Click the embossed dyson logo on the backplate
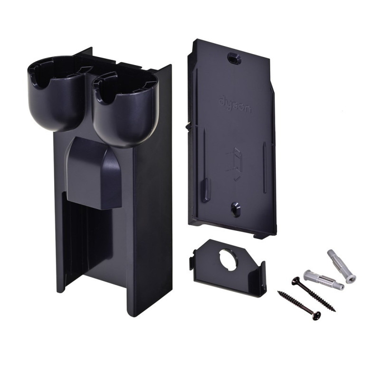234,105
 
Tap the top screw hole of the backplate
233,59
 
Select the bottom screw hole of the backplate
235,209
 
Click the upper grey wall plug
341,266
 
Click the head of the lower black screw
316,315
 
